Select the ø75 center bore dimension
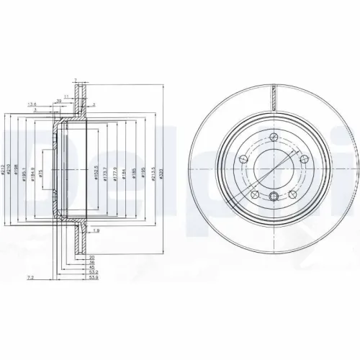(x=42, y=172)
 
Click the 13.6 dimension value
(x=31, y=105)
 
